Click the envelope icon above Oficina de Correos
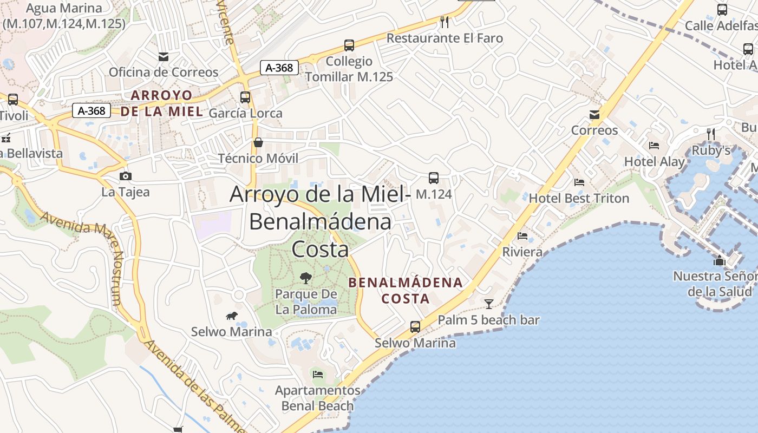coord(163,56)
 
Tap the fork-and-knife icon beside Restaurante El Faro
coord(445,22)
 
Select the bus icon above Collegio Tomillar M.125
coord(349,45)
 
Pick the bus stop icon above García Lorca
coord(245,97)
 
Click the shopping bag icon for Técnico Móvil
coord(258,142)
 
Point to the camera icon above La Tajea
coord(125,176)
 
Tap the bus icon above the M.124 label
coord(434,178)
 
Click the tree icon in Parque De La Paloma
coord(306,278)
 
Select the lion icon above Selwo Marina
coord(231,316)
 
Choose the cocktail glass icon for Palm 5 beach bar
coord(489,304)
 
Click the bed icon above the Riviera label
coord(522,236)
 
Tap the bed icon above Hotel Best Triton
coord(579,182)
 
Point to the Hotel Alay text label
coord(654,161)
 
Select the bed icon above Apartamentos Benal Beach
coord(318,374)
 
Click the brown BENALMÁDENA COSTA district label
coord(406,290)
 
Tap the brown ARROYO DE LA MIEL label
coord(162,103)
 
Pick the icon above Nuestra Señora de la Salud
coord(720,261)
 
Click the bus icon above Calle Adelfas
coord(722,9)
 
